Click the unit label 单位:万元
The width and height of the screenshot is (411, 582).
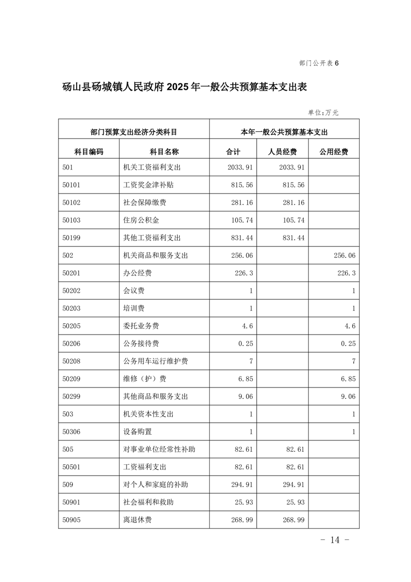pyautogui.click(x=323, y=112)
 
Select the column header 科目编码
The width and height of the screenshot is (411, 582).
pyautogui.click(x=89, y=151)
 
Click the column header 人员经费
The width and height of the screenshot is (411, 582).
pyautogui.click(x=282, y=151)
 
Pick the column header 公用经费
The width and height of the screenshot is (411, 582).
pyautogui.click(x=333, y=151)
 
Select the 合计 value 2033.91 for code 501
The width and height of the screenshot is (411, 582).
pyautogui.click(x=240, y=167)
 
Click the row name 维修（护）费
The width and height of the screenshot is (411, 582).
pyautogui.click(x=145, y=379)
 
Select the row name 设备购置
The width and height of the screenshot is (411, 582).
pyautogui.click(x=137, y=432)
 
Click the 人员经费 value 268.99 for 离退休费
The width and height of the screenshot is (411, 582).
pyautogui.click(x=293, y=520)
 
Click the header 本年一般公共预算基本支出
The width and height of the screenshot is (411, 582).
pyautogui.click(x=284, y=132)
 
